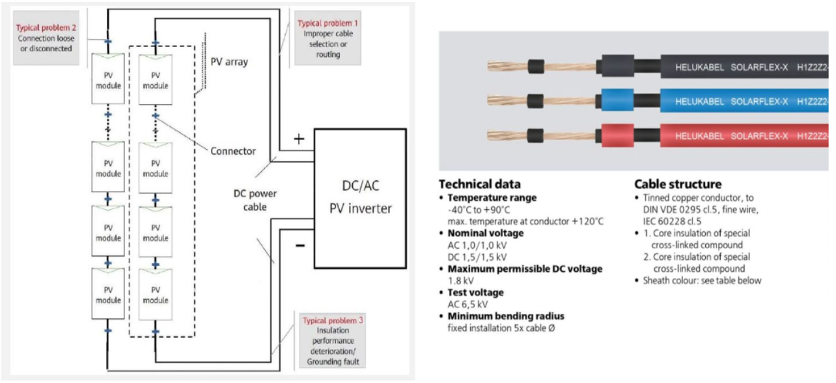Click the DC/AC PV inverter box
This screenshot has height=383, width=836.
pos(361,198)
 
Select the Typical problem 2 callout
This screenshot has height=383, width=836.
pos(45,39)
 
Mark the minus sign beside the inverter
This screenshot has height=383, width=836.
pos(300,246)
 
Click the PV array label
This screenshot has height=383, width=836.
pos(229,62)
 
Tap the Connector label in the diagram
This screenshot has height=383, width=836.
pos(233,151)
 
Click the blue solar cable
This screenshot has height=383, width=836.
pos(716,102)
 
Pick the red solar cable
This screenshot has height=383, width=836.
pos(716,137)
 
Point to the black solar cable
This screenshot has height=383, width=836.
pos(716,66)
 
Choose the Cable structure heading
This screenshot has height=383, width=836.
pos(678,184)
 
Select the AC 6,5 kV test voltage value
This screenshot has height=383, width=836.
pos(467,304)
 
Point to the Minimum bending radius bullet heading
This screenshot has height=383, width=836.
pos(506,316)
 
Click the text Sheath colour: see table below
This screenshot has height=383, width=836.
pos(702,281)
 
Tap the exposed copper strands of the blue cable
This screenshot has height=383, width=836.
pos(508,101)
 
